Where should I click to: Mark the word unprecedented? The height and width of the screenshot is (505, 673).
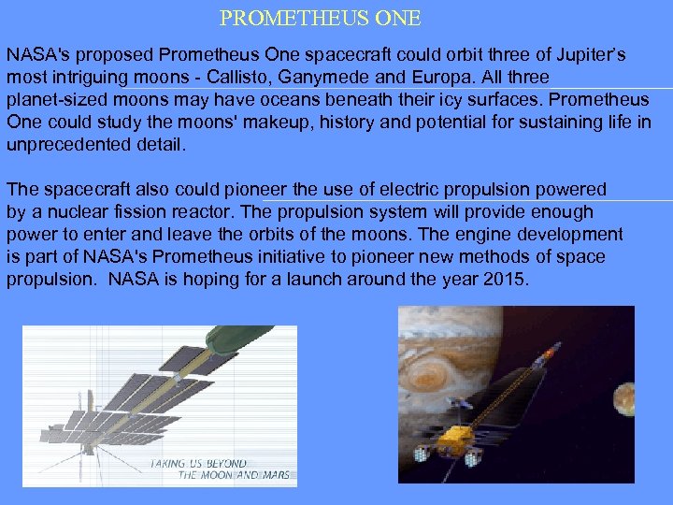[64, 144]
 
